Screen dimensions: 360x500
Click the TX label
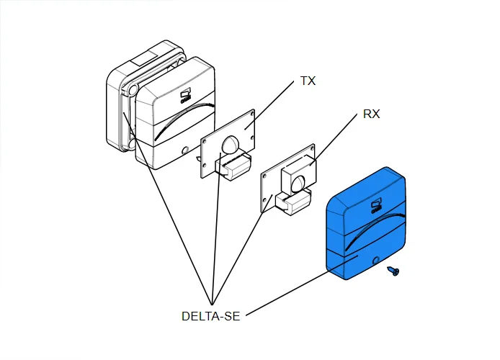point(308,81)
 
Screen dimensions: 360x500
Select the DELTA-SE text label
point(211,316)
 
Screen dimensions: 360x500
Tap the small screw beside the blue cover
point(393,271)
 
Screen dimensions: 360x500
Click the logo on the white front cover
point(184,95)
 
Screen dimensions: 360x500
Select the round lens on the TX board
point(231,145)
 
